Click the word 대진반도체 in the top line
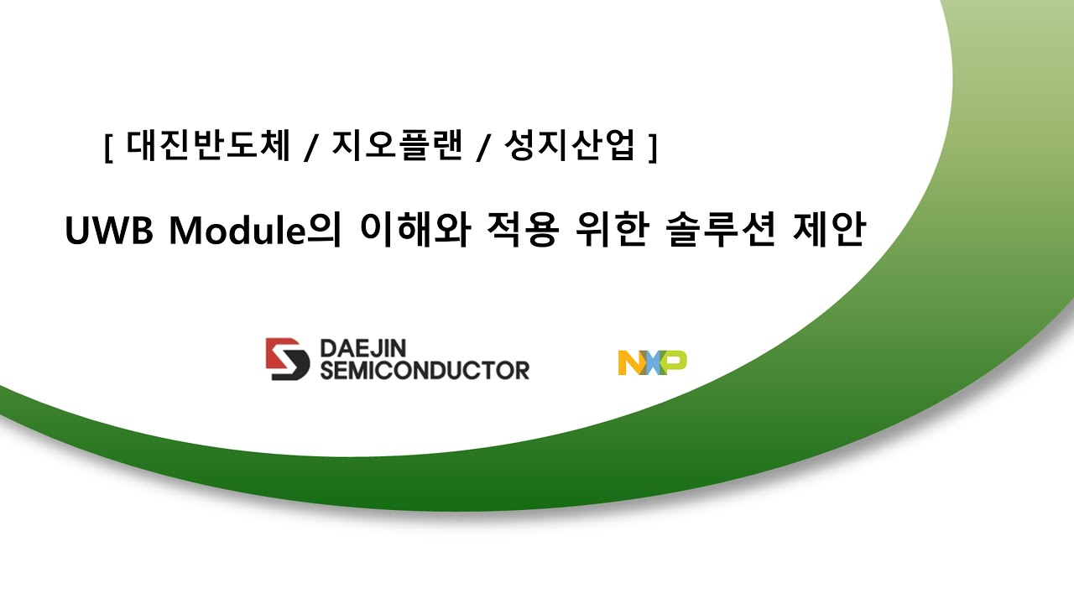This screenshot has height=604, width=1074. pyautogui.click(x=209, y=147)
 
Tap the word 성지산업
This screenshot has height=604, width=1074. pyautogui.click(x=569, y=147)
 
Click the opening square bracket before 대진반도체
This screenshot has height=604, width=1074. pyautogui.click(x=109, y=149)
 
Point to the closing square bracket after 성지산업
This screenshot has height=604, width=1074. pyautogui.click(x=652, y=149)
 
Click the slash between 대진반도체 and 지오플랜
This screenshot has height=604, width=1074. pyautogui.click(x=310, y=149)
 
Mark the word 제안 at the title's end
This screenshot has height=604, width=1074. pyautogui.click(x=827, y=231)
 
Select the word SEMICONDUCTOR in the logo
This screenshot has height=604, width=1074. pyautogui.click(x=425, y=370)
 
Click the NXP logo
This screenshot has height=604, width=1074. pyautogui.click(x=653, y=362)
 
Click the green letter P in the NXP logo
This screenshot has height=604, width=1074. pyautogui.click(x=675, y=362)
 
